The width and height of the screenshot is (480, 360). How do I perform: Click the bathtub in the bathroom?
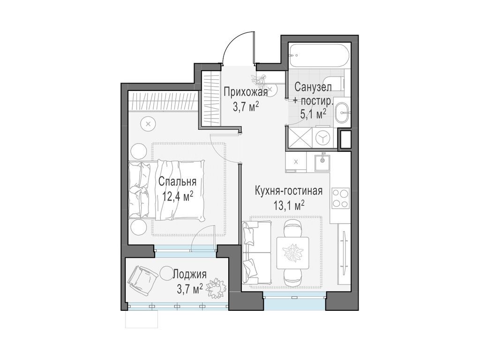[318, 56]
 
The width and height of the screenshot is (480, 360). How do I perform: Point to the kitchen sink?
[322, 161]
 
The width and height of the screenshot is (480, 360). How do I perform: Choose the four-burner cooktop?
[341, 198]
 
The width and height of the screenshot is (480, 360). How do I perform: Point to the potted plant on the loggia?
[217, 287]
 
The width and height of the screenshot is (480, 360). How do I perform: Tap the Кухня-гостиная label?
[288, 191]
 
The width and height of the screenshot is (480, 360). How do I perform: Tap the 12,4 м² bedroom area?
[178, 196]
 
